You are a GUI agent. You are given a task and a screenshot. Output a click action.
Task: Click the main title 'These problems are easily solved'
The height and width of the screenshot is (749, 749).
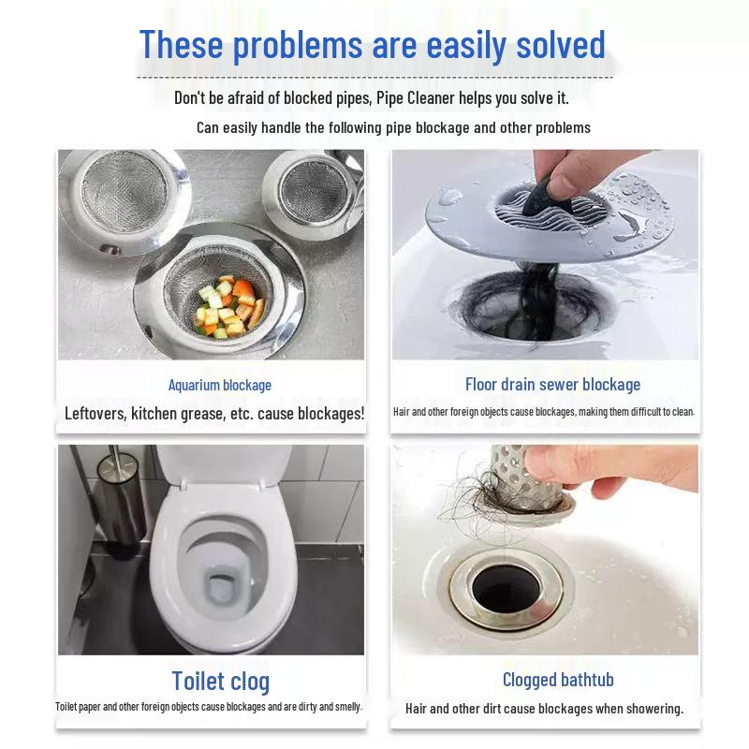(x=373, y=44)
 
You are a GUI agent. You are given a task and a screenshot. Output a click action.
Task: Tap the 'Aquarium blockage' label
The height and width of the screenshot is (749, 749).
(x=219, y=385)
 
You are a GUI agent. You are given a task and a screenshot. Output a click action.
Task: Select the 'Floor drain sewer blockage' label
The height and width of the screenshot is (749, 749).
(x=552, y=384)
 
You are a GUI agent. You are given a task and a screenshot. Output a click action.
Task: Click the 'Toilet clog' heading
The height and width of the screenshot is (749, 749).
(x=220, y=681)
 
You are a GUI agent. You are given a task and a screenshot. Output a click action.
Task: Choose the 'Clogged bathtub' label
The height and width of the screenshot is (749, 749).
(x=558, y=680)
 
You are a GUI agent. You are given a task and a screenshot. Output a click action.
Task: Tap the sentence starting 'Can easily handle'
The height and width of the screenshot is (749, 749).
(x=393, y=127)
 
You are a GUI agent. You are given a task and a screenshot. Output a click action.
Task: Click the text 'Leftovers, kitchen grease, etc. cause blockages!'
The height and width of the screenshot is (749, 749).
(x=214, y=413)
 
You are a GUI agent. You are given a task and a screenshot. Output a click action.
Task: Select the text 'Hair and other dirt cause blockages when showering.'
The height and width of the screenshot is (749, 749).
(x=544, y=709)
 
